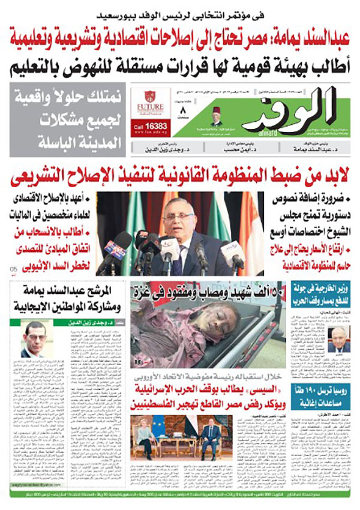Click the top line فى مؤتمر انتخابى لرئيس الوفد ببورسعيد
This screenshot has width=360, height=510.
click(180, 10)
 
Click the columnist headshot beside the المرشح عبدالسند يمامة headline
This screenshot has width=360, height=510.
click(37, 338)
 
